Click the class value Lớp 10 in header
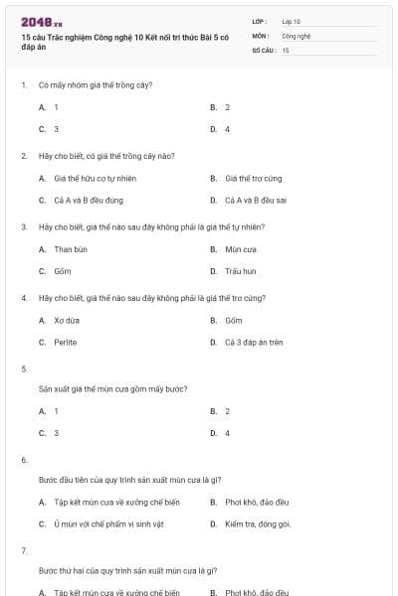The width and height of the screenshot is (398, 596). pos(292,20)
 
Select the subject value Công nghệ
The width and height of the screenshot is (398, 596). pos(297,35)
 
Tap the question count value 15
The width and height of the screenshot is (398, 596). pos(286,49)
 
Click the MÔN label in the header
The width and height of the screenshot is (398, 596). pos(261,35)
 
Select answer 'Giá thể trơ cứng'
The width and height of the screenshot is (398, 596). pos(254,178)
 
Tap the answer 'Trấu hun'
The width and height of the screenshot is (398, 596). pos(241,270)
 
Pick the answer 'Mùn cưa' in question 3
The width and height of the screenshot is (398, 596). pos(241,248)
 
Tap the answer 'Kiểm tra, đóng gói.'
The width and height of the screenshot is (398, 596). pos(258,522)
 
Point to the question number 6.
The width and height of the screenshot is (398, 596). pos(24,460)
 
